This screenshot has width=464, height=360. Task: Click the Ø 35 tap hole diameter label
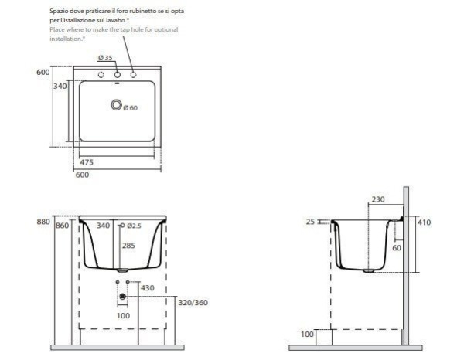point(105,58)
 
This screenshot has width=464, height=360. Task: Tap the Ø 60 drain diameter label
point(130,108)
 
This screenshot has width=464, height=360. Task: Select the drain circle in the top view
point(117,104)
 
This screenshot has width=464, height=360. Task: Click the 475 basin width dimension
point(87,162)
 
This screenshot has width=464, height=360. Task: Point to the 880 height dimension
point(43,222)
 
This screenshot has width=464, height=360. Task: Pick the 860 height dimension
point(62,226)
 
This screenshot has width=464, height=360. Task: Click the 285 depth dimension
point(128,246)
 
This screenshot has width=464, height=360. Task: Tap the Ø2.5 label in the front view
point(134,226)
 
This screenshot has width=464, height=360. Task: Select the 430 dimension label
point(148,288)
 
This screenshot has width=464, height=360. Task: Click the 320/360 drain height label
point(193,302)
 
